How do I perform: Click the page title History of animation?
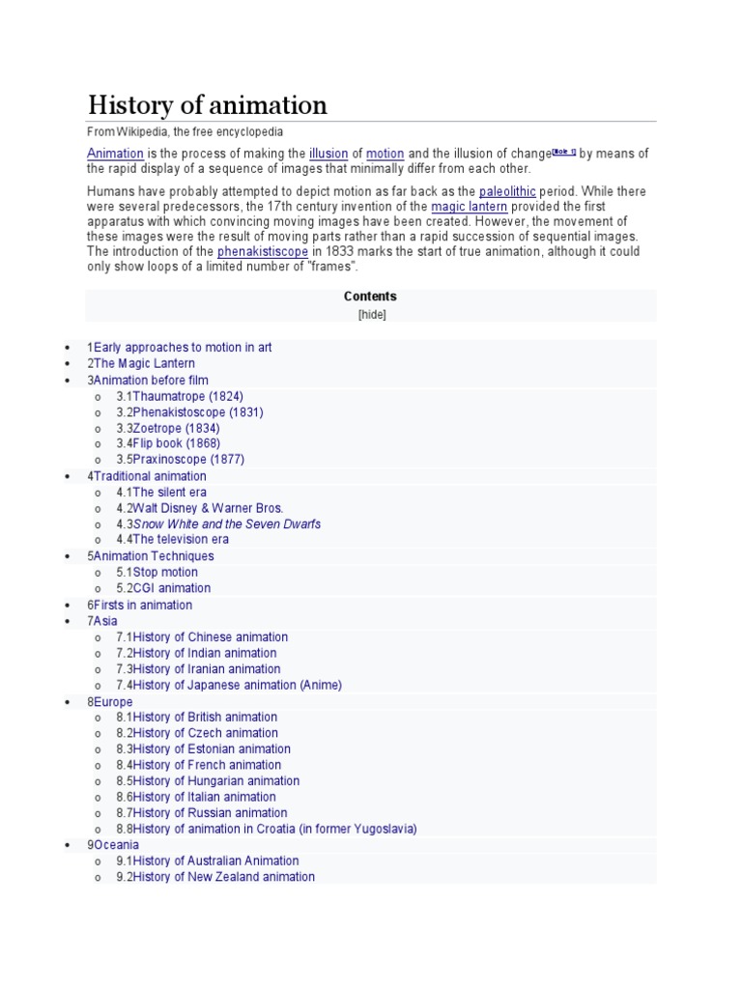(x=208, y=104)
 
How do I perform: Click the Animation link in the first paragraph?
(x=115, y=154)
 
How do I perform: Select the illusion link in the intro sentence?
(x=327, y=154)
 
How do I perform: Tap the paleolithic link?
(x=507, y=191)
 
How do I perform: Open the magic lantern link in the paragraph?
(x=469, y=207)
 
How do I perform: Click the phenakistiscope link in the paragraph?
(x=263, y=252)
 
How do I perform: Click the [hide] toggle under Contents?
(x=371, y=314)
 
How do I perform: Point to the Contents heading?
(x=370, y=297)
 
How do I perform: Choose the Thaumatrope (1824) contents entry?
(x=187, y=396)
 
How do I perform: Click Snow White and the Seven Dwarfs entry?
(x=226, y=523)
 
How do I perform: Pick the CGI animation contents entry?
(x=171, y=587)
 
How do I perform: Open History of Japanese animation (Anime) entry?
(x=237, y=685)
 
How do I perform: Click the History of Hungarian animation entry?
(x=215, y=780)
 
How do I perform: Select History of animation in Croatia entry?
(x=274, y=829)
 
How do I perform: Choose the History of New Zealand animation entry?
(x=223, y=877)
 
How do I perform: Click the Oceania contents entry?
(x=115, y=845)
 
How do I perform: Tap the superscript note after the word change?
(x=564, y=151)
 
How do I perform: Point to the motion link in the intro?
(x=385, y=154)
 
